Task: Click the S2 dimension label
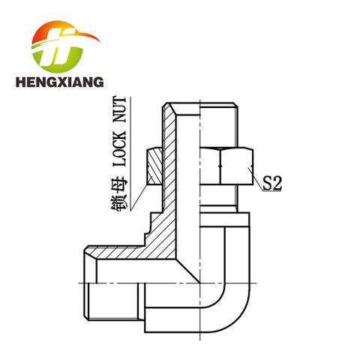tap(272, 183)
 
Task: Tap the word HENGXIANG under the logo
tap(59, 82)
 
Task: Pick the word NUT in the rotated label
tap(119, 109)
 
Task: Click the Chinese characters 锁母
tap(119, 193)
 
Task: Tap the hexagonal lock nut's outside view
tap(226, 166)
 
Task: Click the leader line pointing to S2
tap(256, 179)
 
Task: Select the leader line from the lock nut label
tap(139, 196)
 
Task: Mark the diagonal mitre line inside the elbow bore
tap(188, 271)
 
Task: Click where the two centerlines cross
tap(200, 283)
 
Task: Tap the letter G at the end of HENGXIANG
tap(99, 82)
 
